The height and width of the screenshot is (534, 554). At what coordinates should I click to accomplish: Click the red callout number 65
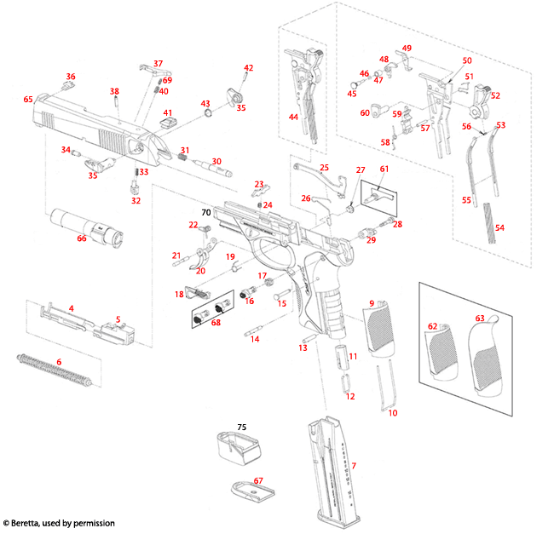click(x=28, y=100)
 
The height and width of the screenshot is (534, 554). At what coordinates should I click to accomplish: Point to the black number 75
click(x=241, y=428)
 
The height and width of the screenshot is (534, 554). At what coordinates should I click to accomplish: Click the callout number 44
click(x=294, y=116)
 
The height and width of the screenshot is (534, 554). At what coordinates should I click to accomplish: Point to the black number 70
click(x=205, y=211)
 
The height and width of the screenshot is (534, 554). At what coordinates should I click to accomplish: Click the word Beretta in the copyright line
click(x=38, y=523)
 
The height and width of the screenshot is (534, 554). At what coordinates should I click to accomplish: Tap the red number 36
click(x=71, y=77)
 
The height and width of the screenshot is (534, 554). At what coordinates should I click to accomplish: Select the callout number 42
click(x=249, y=68)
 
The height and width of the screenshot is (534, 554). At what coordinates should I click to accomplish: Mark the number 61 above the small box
click(x=384, y=169)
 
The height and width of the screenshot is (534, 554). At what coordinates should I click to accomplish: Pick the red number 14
click(x=254, y=338)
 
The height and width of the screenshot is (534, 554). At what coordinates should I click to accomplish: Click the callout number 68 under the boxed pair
click(x=216, y=323)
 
